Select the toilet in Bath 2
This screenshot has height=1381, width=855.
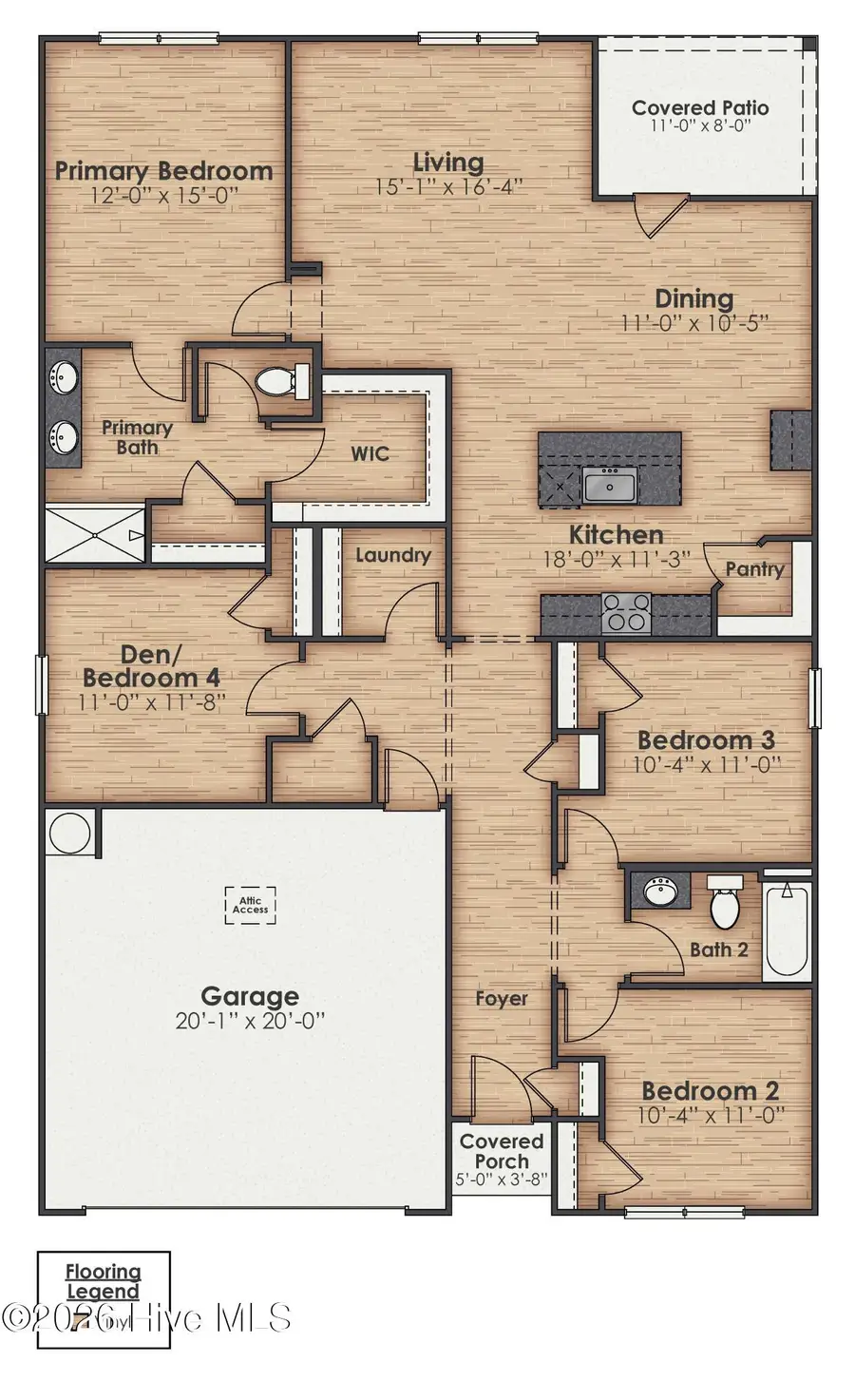pyautogui.click(x=724, y=903)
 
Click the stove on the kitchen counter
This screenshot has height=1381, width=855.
pyautogui.click(x=627, y=612)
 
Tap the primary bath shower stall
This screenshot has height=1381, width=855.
pyautogui.click(x=95, y=534)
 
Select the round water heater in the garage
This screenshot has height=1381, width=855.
pyautogui.click(x=69, y=834)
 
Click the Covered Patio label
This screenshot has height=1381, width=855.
pyautogui.click(x=700, y=107)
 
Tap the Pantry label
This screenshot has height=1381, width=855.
pyautogui.click(x=754, y=569)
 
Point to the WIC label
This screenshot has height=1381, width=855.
pyautogui.click(x=370, y=453)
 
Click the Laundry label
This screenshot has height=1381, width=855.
pyautogui.click(x=392, y=555)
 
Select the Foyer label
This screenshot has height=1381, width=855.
pyautogui.click(x=501, y=998)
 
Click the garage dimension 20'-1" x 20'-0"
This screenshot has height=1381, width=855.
pyautogui.click(x=250, y=1021)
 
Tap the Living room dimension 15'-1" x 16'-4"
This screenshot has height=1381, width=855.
pyautogui.click(x=447, y=187)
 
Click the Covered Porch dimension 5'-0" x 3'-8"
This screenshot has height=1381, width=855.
pyautogui.click(x=501, y=1180)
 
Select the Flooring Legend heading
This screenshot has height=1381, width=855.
pyautogui.click(x=103, y=1281)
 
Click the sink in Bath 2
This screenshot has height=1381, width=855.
pyautogui.click(x=660, y=892)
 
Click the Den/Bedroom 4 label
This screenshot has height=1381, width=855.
pyautogui.click(x=152, y=665)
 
